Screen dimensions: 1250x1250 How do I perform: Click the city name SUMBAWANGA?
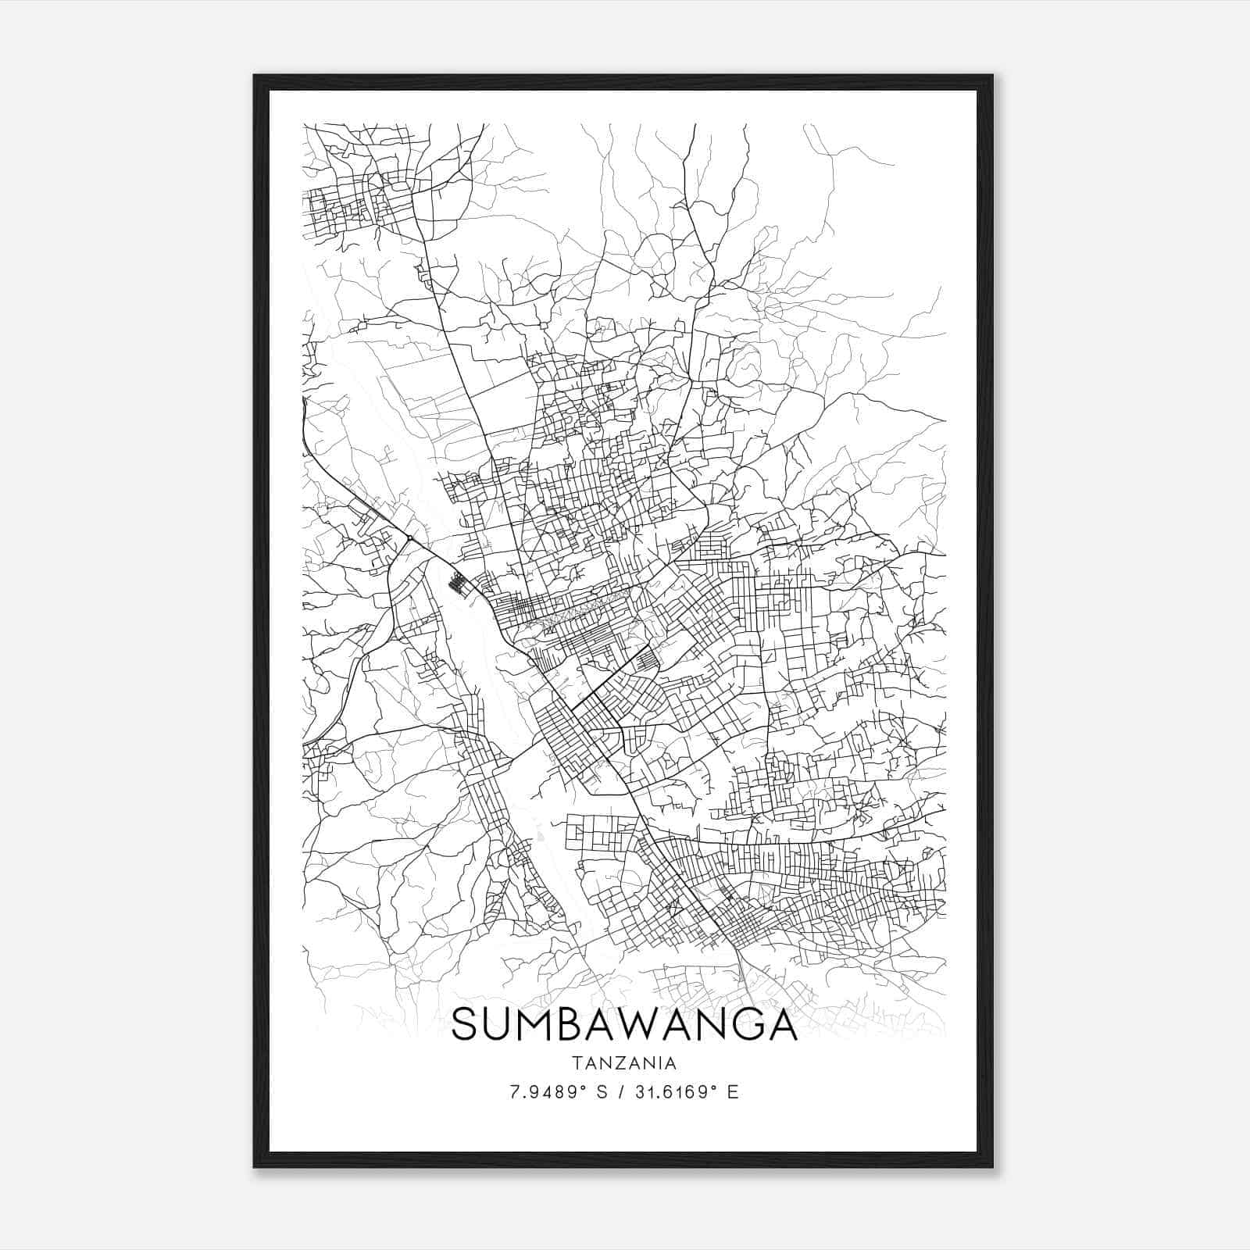pos(623,1024)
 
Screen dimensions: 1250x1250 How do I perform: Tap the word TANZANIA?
pos(623,1063)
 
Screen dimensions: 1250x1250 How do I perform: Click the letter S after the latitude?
pos(602,1092)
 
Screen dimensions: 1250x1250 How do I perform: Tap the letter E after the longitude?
pos(732,1092)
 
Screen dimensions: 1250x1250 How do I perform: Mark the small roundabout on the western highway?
pos(409,538)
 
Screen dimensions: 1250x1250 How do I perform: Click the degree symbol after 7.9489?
pos(586,1087)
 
